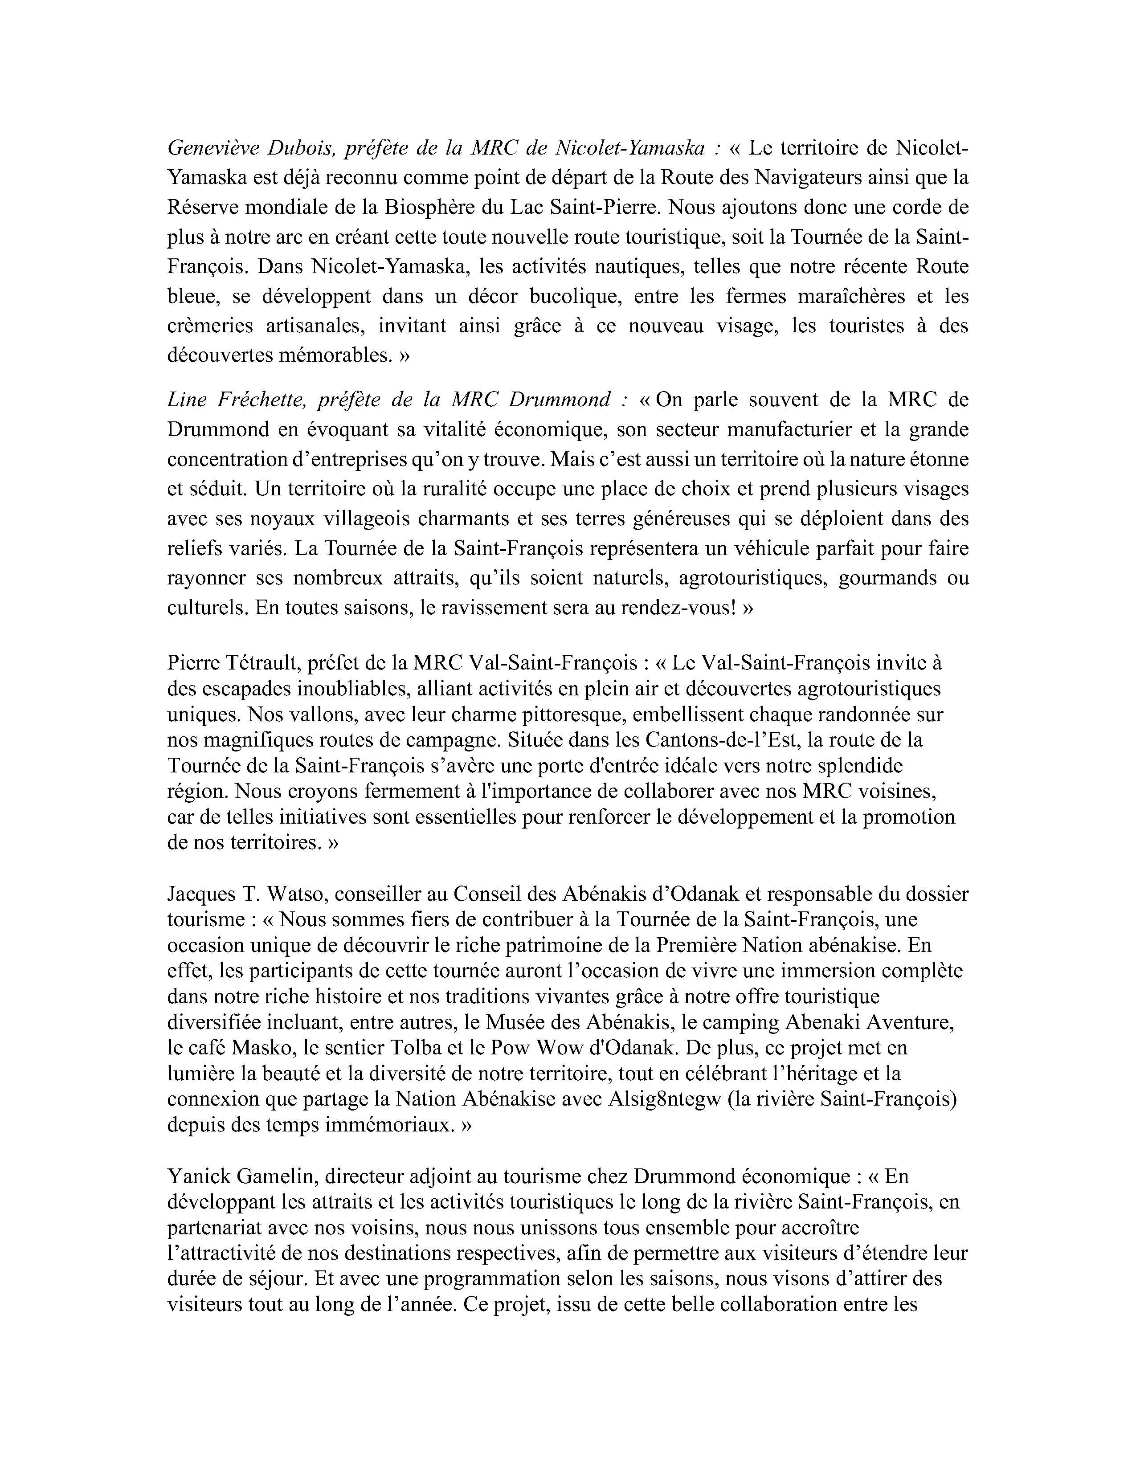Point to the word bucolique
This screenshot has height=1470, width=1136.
572,296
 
